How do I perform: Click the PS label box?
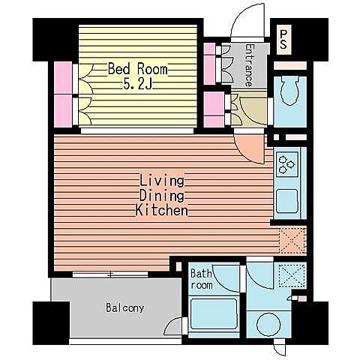point(284,40)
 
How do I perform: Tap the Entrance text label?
point(248,65)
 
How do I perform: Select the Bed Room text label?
point(137,69)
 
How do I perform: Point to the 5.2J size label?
point(137,85)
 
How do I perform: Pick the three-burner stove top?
point(287,164)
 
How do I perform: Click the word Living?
point(162,181)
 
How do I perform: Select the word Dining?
point(162,196)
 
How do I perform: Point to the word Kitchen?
point(162,210)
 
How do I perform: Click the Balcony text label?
point(125,307)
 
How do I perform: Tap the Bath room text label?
point(202,279)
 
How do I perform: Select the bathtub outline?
point(214,314)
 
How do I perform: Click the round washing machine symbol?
point(268,324)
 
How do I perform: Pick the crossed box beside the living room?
point(292,240)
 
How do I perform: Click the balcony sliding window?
point(110,274)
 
